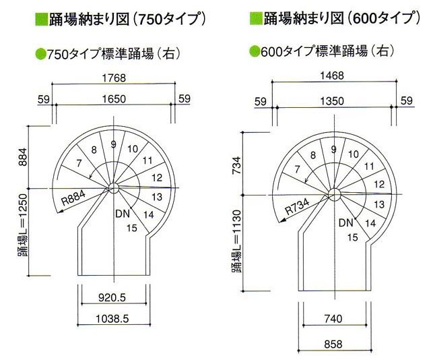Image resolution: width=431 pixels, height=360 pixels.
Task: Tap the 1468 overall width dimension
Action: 333,78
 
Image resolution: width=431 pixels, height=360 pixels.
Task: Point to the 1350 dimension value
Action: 333,101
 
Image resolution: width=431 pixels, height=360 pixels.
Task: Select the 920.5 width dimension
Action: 113,297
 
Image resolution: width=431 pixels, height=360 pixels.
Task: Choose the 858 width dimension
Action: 333,343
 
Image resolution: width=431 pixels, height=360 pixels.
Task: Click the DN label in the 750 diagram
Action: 123,214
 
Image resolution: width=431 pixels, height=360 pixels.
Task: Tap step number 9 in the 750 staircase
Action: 114,144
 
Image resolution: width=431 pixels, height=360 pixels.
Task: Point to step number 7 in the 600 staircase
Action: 298,169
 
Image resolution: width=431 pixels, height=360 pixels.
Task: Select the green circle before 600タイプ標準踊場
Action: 254,51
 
